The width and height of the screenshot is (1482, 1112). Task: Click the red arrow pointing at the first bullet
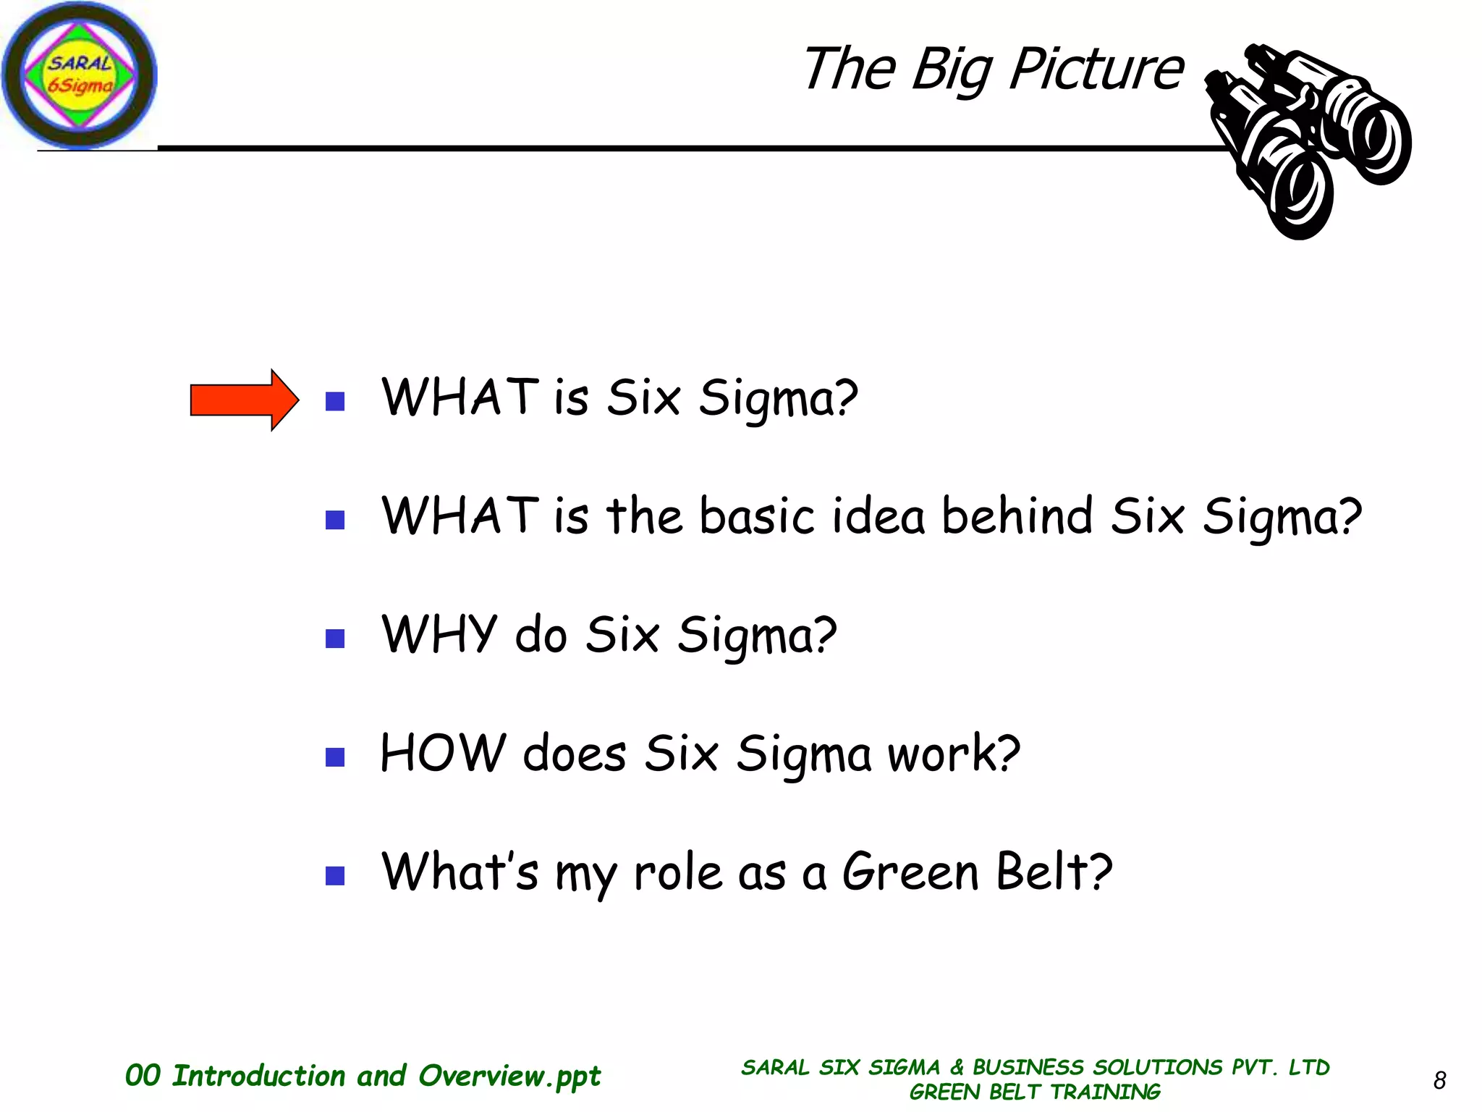click(243, 400)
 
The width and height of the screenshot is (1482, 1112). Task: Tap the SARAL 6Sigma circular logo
click(79, 75)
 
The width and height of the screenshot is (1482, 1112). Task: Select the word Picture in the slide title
click(1096, 70)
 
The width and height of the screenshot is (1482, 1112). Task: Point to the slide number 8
click(1439, 1080)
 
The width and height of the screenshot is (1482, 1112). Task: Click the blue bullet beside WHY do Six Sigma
click(335, 639)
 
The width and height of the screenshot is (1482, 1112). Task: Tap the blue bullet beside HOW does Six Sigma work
click(335, 757)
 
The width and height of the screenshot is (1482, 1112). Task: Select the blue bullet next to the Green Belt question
click(335, 876)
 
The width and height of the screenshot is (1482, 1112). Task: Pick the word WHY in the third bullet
click(439, 634)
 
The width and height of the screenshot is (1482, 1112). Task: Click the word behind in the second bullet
click(1017, 516)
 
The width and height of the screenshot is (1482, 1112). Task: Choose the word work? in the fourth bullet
click(954, 754)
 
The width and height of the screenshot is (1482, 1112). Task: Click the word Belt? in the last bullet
click(1054, 872)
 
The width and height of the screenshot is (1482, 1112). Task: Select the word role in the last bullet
click(677, 872)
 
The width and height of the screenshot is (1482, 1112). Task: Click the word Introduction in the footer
click(258, 1076)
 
